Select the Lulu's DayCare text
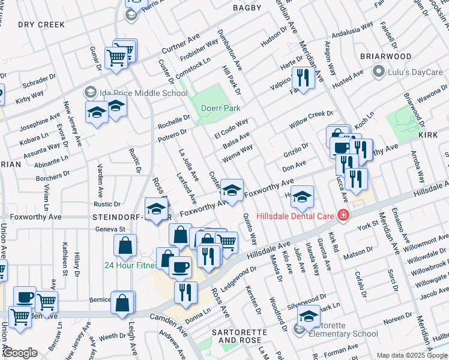[415, 73]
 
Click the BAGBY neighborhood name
[247, 8]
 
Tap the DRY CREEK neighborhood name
[41, 25]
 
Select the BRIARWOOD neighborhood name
[385, 56]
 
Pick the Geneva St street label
[110, 229]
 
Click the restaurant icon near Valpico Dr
[303, 77]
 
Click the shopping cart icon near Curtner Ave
[116, 58]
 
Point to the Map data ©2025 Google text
[411, 355]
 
